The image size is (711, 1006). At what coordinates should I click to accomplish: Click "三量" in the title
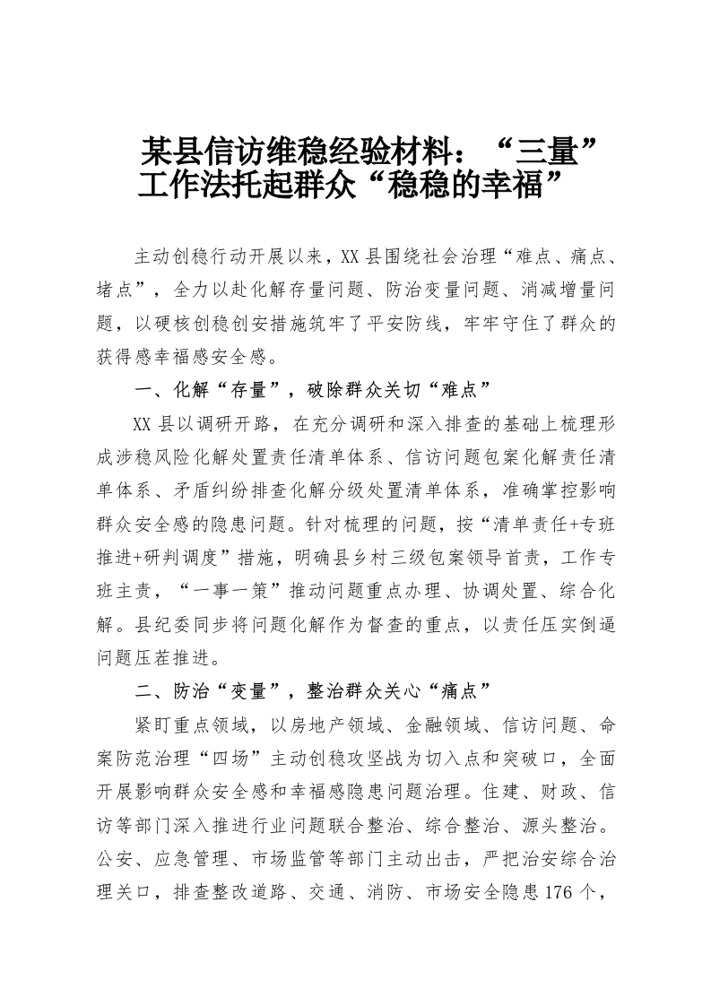(551, 148)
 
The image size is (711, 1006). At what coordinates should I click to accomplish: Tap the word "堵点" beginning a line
(115, 289)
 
